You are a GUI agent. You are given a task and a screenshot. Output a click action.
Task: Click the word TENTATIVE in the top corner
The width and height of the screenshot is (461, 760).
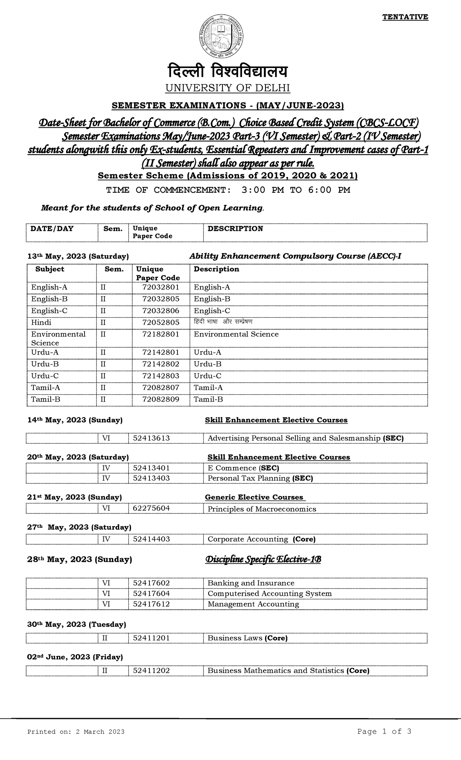405,17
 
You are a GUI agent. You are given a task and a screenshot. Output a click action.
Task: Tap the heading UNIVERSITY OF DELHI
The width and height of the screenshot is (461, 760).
227,88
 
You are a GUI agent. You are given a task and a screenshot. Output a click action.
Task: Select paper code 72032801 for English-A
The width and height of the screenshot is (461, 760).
161,287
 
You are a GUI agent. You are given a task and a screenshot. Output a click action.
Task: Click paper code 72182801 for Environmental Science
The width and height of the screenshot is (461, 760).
161,334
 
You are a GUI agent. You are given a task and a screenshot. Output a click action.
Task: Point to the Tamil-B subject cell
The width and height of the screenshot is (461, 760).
46,399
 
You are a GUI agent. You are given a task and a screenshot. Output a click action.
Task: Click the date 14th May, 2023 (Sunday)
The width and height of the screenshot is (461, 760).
75,420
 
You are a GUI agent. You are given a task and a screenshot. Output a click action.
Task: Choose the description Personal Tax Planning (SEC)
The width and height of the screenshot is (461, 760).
260,478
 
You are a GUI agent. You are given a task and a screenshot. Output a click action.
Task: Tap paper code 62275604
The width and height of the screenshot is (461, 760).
151,508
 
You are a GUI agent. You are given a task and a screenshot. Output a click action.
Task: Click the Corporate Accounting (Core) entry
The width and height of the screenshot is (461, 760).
261,539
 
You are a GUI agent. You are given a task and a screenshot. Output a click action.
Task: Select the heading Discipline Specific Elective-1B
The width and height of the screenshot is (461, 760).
263,559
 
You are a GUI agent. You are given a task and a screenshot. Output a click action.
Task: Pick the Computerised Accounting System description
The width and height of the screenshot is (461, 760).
269,593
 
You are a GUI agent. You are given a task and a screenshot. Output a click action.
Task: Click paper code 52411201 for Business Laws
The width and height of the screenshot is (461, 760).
151,638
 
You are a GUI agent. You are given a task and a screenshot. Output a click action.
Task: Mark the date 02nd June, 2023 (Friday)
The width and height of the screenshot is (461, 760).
75,657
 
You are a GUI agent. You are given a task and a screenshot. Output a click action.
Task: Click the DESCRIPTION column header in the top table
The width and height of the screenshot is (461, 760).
235,229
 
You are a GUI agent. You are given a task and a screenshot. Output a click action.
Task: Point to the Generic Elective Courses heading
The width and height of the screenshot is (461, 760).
255,497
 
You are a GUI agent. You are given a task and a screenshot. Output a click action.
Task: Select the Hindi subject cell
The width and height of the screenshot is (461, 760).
41,322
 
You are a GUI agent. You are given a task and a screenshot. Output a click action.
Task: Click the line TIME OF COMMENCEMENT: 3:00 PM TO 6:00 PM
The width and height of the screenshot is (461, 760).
228,190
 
